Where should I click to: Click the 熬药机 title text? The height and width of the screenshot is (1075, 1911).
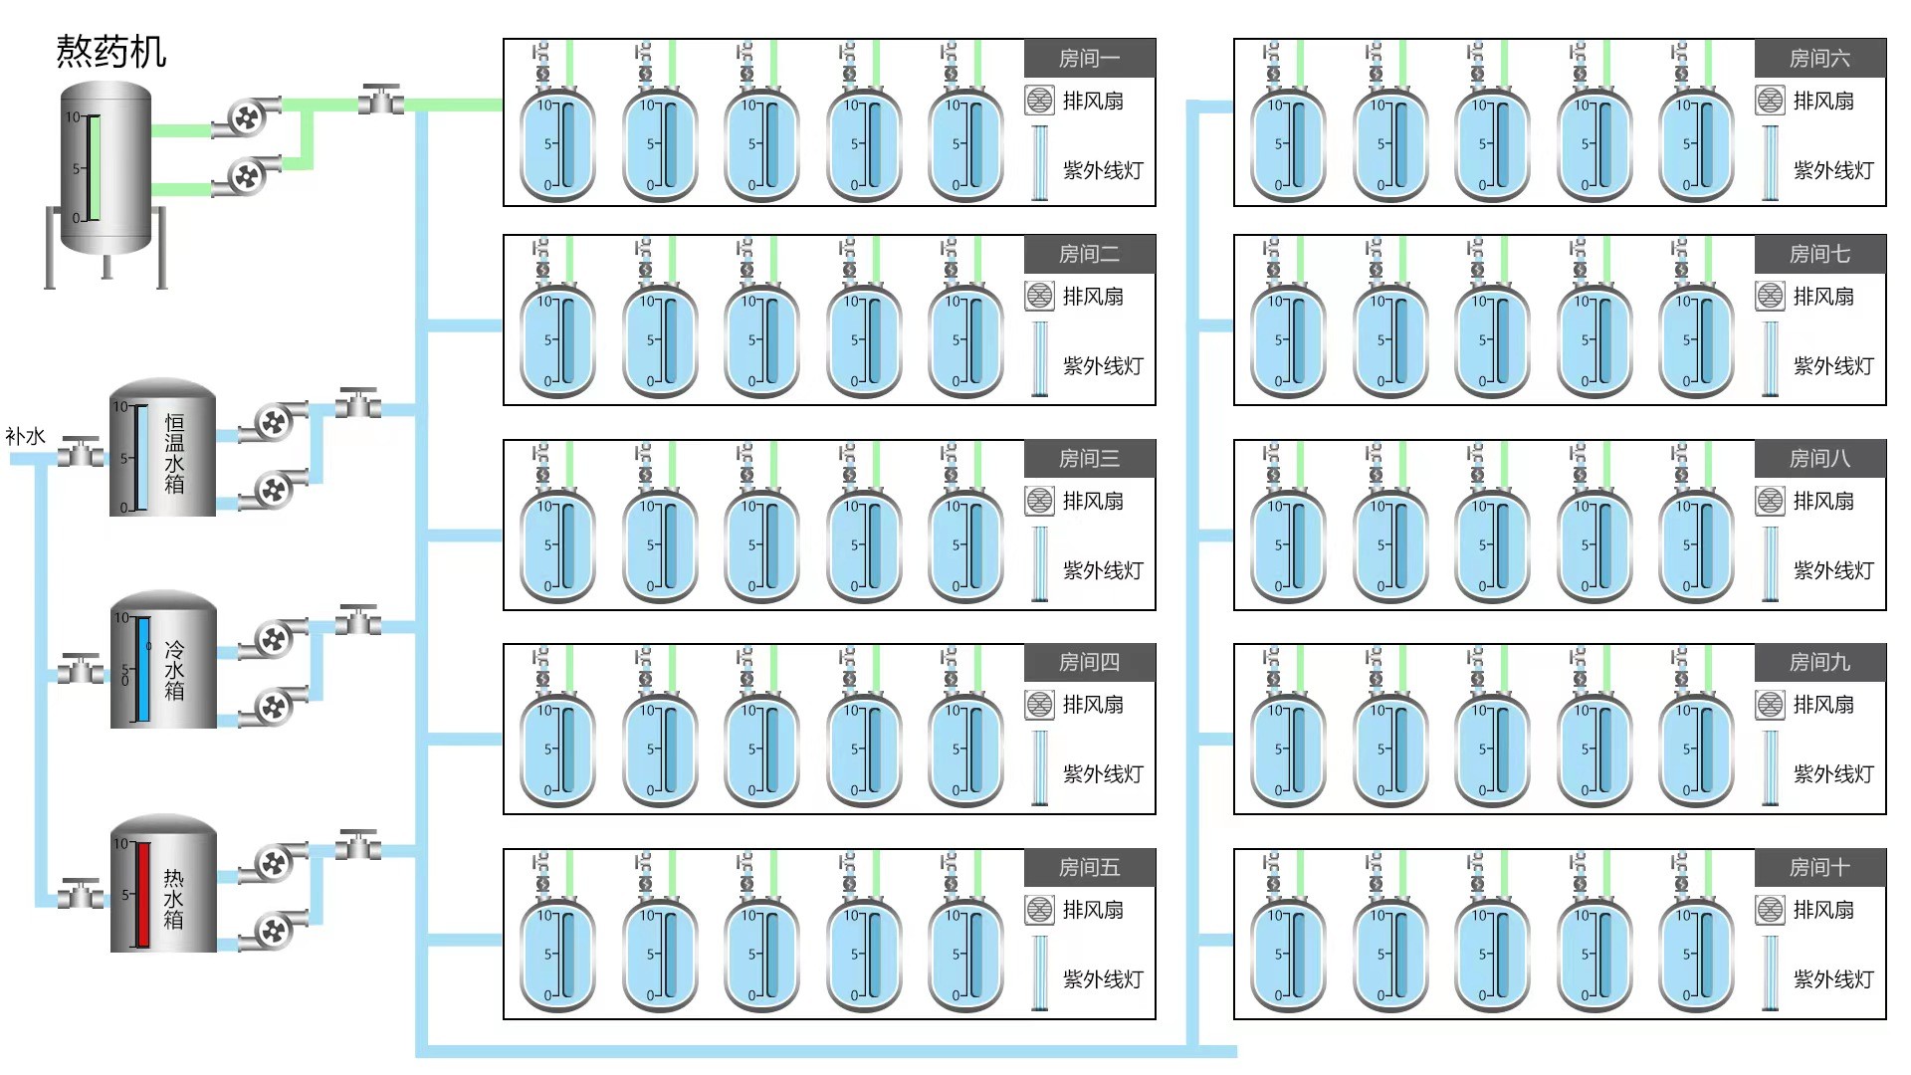click(x=110, y=52)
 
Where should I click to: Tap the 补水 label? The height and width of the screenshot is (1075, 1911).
click(x=25, y=436)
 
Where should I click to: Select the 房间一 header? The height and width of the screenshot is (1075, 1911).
click(x=1089, y=59)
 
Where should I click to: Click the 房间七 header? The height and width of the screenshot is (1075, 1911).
click(x=1819, y=254)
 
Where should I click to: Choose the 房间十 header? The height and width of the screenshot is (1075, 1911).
click(x=1819, y=867)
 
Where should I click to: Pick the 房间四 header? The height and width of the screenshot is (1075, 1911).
click(x=1089, y=662)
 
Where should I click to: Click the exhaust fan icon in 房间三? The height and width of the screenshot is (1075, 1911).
click(x=1039, y=501)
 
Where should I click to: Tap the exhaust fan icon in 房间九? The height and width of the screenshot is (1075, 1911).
click(x=1770, y=705)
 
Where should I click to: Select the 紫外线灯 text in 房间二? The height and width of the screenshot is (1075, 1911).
click(x=1103, y=366)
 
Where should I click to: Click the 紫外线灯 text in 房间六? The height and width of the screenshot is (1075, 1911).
click(x=1833, y=170)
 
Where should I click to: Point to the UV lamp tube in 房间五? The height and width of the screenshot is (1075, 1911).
click(x=1040, y=972)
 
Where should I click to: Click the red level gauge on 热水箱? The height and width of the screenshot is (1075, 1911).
click(x=143, y=894)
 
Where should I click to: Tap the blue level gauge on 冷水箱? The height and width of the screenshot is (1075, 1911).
click(x=143, y=669)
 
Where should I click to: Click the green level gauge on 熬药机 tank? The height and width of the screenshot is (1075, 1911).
click(x=95, y=167)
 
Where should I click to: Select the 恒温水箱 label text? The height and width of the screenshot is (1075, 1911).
click(x=174, y=454)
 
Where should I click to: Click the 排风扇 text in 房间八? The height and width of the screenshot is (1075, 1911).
click(x=1823, y=501)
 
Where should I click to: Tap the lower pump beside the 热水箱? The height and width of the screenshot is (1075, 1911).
click(x=272, y=931)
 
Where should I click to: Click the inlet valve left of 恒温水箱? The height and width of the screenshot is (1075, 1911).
click(x=81, y=454)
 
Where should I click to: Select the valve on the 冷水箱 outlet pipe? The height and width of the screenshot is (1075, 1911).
click(x=357, y=621)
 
